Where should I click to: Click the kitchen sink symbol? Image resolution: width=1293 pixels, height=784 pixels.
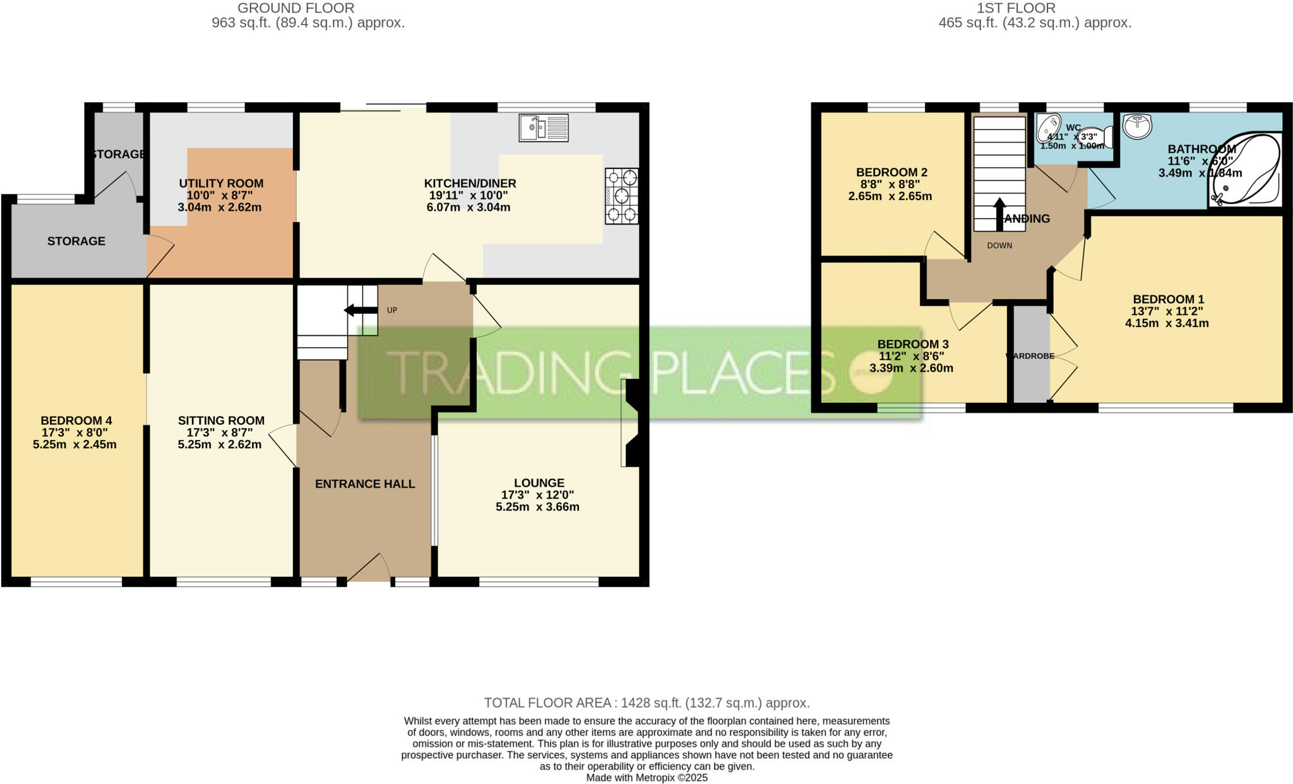544,128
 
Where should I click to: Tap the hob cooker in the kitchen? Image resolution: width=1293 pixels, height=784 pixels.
621,196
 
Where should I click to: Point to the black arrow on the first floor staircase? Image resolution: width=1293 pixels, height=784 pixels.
999,214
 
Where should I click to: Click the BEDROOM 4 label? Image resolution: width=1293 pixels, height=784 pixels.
76,420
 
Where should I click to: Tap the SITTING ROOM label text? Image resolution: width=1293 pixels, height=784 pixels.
221,420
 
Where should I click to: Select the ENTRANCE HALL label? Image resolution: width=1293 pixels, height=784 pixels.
365,484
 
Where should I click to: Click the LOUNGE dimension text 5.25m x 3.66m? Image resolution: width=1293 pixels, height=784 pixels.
537,507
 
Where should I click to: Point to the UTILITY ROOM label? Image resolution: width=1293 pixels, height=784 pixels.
221,184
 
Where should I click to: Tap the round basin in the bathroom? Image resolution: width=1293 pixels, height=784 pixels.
1137,125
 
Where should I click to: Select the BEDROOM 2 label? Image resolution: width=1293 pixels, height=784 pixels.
891,172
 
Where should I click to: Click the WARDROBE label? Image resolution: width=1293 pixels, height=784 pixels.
1030,356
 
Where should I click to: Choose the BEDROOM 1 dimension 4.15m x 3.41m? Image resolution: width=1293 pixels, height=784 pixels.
1167,323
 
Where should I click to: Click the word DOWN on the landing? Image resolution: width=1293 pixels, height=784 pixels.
999,246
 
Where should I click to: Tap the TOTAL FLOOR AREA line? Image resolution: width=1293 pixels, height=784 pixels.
646,703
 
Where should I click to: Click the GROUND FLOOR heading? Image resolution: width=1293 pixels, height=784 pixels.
295,8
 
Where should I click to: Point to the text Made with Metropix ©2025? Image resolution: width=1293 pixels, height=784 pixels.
646,778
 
